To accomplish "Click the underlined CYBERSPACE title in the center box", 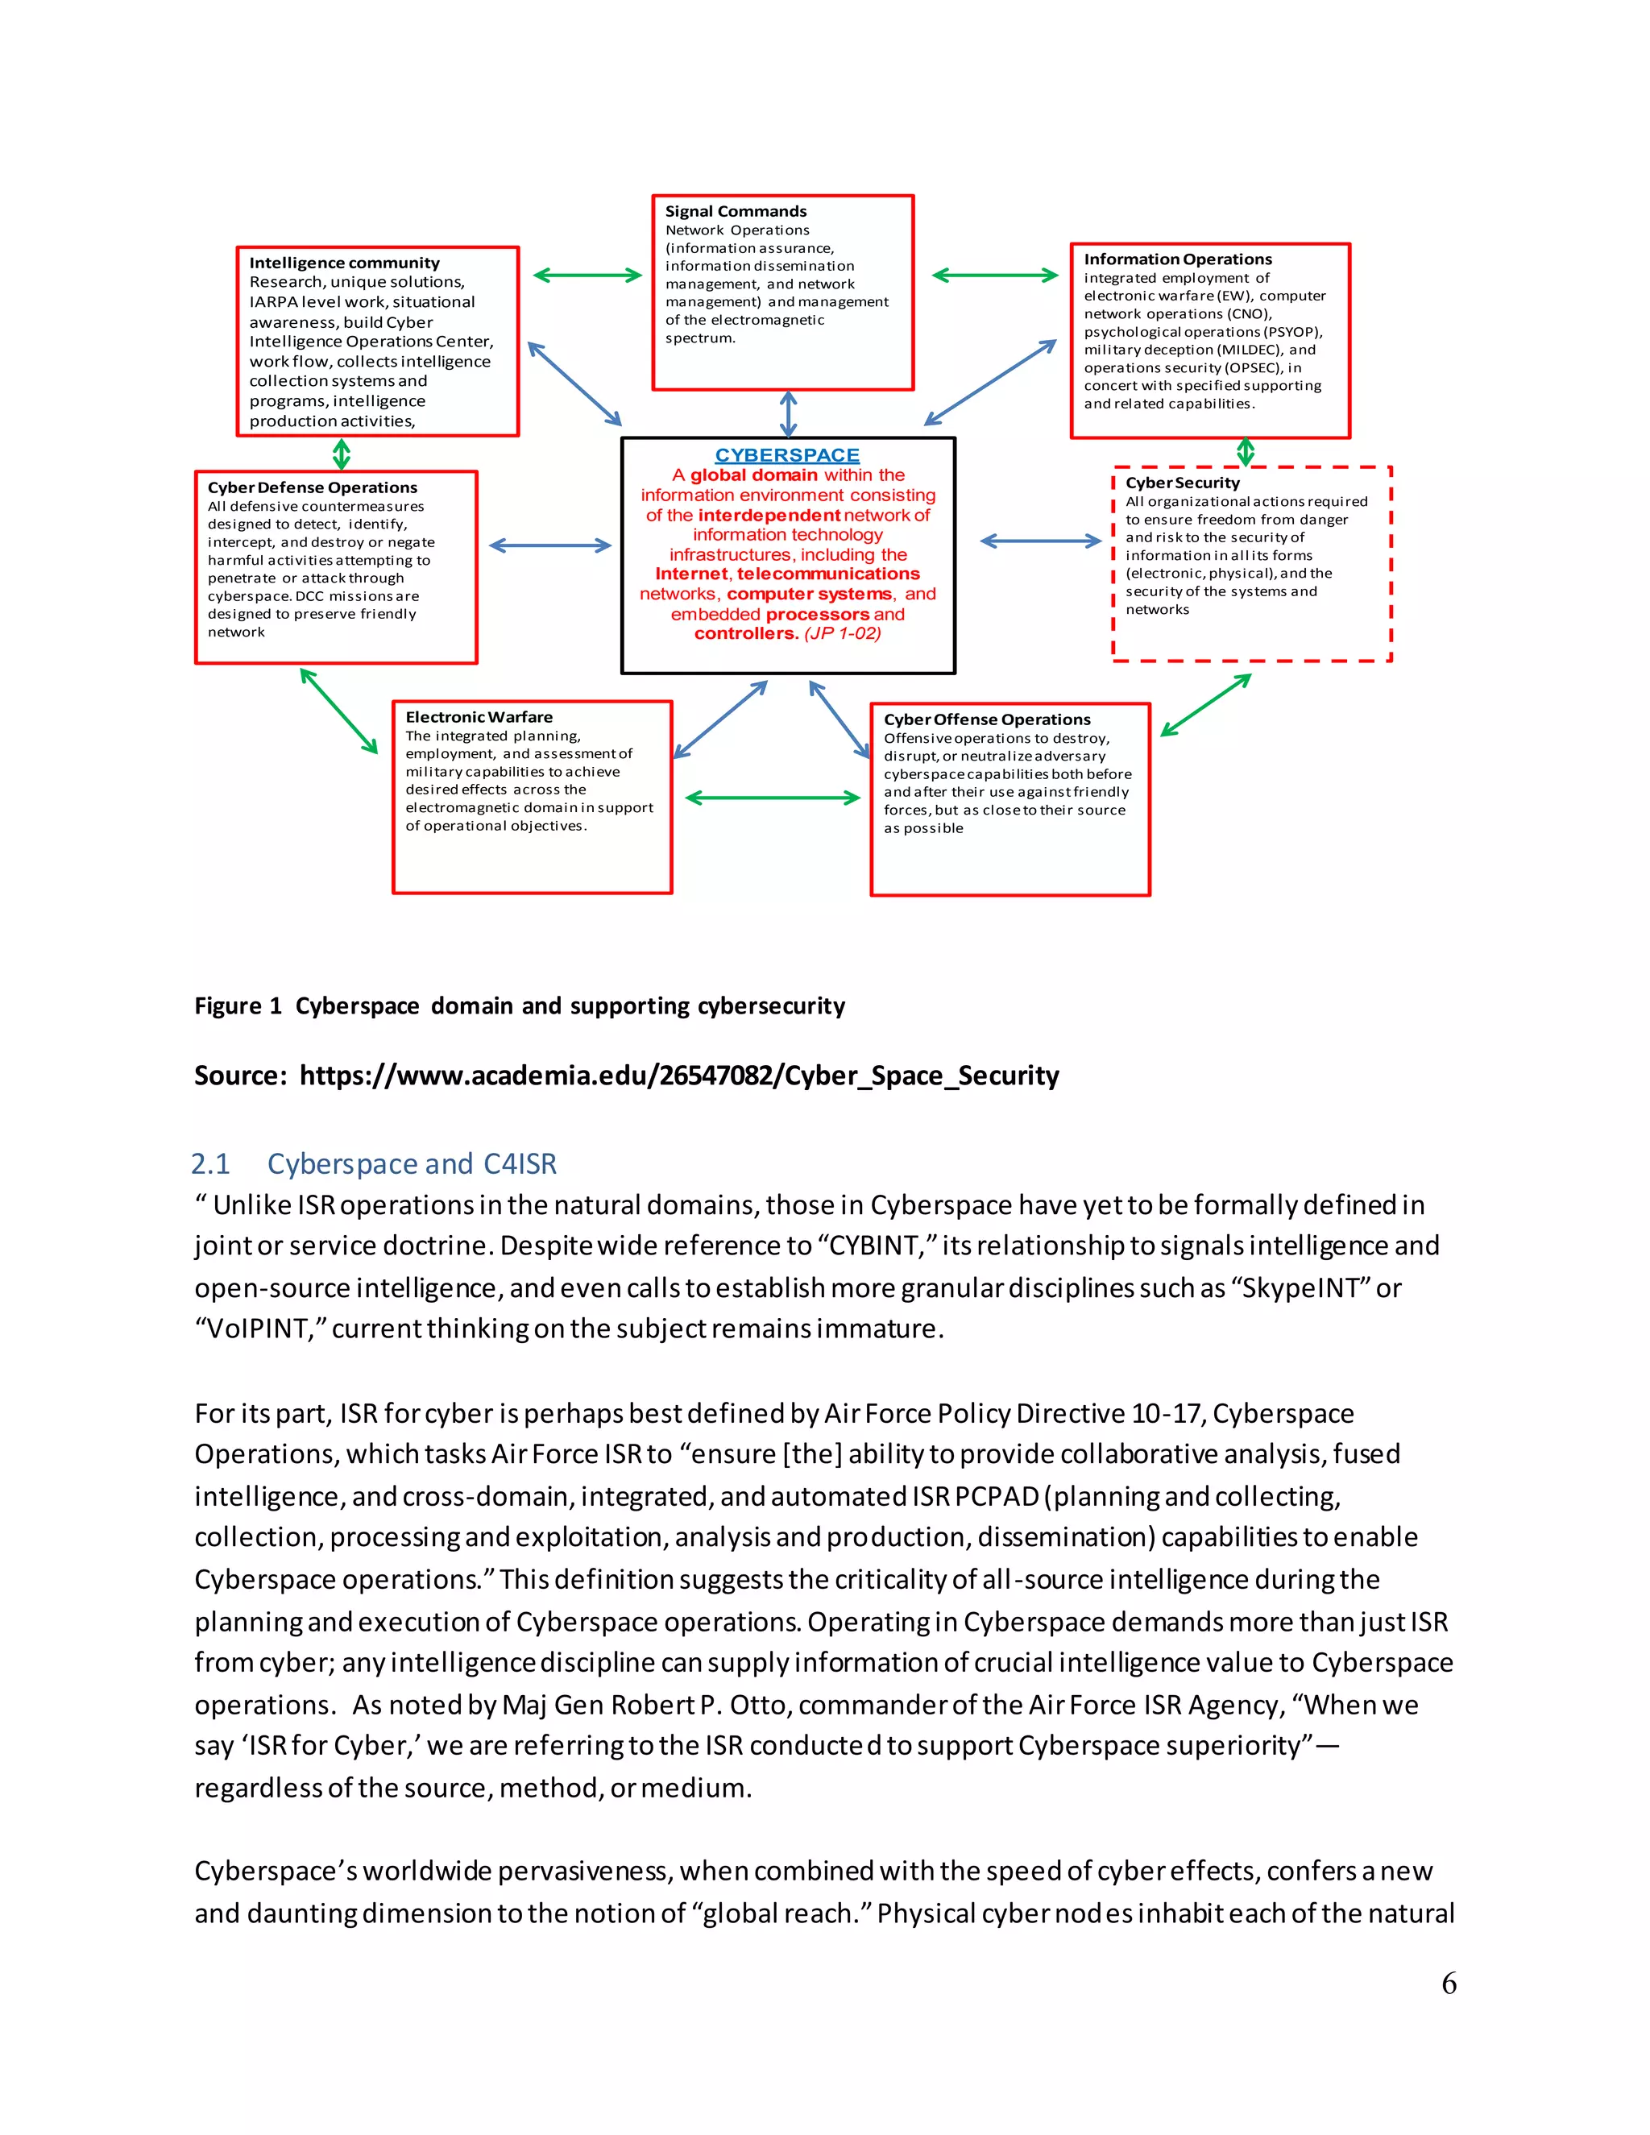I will (x=787, y=455).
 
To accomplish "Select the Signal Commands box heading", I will (x=736, y=211).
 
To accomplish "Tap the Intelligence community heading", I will (x=344, y=263).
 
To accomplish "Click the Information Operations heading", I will (x=1177, y=259).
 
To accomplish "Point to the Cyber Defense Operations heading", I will (x=312, y=487).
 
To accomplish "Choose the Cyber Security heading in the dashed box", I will (x=1182, y=483).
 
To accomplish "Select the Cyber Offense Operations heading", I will (x=986, y=719).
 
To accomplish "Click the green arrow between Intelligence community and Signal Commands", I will (x=587, y=276).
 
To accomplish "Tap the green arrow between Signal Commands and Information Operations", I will (x=994, y=276).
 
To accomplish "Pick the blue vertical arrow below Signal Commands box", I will (x=788, y=413).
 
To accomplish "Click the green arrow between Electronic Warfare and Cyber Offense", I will (x=772, y=798).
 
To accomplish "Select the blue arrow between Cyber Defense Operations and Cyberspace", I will (x=549, y=545).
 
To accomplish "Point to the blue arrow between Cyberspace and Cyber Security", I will (x=1040, y=541).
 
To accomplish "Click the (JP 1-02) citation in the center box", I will (x=843, y=633).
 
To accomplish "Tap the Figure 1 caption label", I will (x=238, y=1006).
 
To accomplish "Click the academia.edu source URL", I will (x=678, y=1076).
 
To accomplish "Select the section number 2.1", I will (x=210, y=1163).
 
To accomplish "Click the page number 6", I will (x=1449, y=1984).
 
